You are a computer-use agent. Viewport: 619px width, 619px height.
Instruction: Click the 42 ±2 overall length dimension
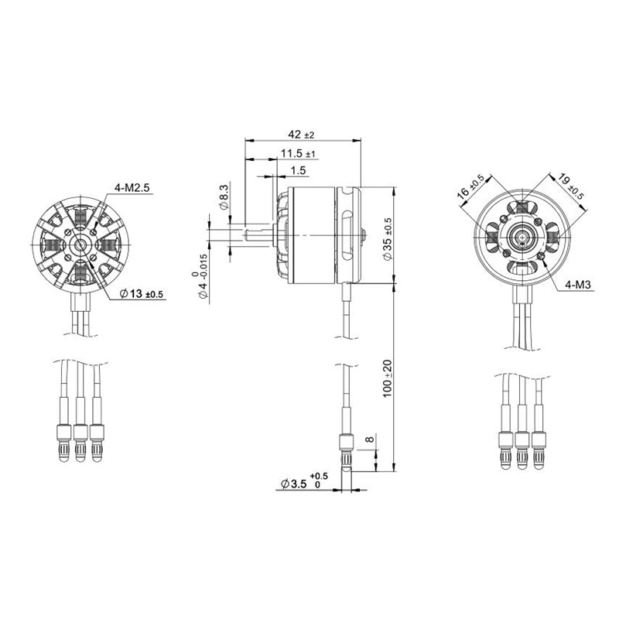303,134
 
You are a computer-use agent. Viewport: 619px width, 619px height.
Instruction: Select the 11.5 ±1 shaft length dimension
298,152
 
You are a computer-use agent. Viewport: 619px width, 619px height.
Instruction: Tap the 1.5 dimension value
299,169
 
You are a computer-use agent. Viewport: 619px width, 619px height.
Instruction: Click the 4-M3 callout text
578,285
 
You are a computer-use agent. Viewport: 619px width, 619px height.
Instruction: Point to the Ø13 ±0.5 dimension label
142,294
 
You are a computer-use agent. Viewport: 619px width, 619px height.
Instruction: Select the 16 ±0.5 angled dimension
471,187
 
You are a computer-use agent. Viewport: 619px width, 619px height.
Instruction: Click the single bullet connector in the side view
347,450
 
